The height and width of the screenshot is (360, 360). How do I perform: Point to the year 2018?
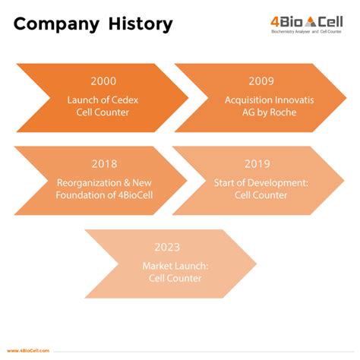click(103, 164)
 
